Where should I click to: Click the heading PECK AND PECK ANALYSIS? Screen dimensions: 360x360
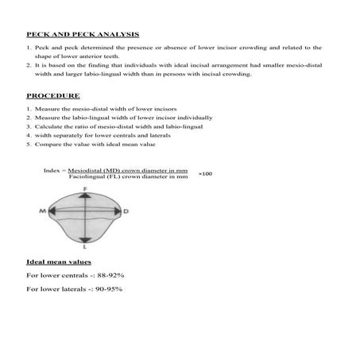[83, 35]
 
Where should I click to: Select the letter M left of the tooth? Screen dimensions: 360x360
[41, 211]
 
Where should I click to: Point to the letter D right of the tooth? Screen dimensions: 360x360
[126, 211]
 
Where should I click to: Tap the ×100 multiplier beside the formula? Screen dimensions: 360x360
[205, 173]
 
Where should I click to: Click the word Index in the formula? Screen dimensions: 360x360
[52, 170]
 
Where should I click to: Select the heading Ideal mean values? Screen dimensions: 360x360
[59, 261]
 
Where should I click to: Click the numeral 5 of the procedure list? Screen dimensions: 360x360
[28, 144]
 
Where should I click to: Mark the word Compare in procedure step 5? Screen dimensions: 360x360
[46, 144]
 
